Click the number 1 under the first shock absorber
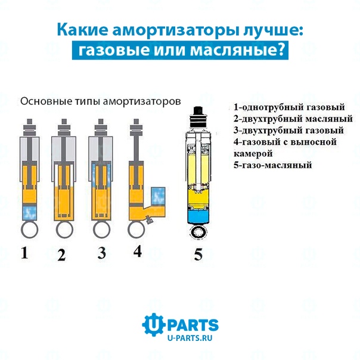(24, 252)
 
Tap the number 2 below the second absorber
(61, 255)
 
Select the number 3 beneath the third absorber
(102, 253)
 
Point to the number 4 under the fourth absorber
(138, 251)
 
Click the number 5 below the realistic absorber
(198, 255)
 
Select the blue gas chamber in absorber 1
(30, 212)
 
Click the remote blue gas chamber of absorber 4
(158, 195)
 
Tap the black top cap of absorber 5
(198, 111)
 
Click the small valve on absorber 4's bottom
(149, 221)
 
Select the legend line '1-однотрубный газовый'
(289, 107)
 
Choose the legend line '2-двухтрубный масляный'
(293, 119)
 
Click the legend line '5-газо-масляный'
(273, 165)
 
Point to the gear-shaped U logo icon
(153, 325)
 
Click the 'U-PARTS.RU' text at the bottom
(190, 338)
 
